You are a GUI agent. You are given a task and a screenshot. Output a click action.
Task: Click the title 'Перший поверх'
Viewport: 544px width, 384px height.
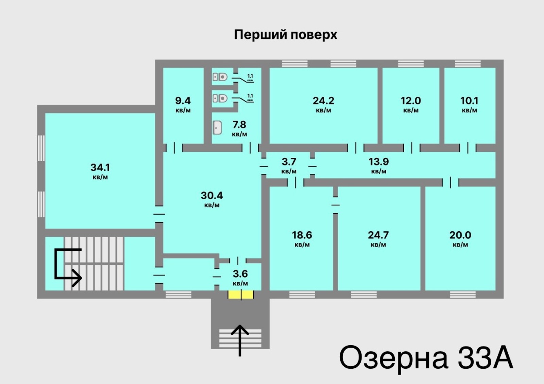point(286,35)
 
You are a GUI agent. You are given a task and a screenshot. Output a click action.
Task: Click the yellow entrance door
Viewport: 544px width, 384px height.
point(241,294)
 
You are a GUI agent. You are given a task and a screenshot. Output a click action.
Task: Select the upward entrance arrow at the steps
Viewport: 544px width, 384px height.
point(240,340)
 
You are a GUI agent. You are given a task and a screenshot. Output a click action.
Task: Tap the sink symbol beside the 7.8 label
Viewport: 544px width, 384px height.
point(217,128)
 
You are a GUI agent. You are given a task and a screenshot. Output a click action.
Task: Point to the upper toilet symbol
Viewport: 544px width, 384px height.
point(220,77)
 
